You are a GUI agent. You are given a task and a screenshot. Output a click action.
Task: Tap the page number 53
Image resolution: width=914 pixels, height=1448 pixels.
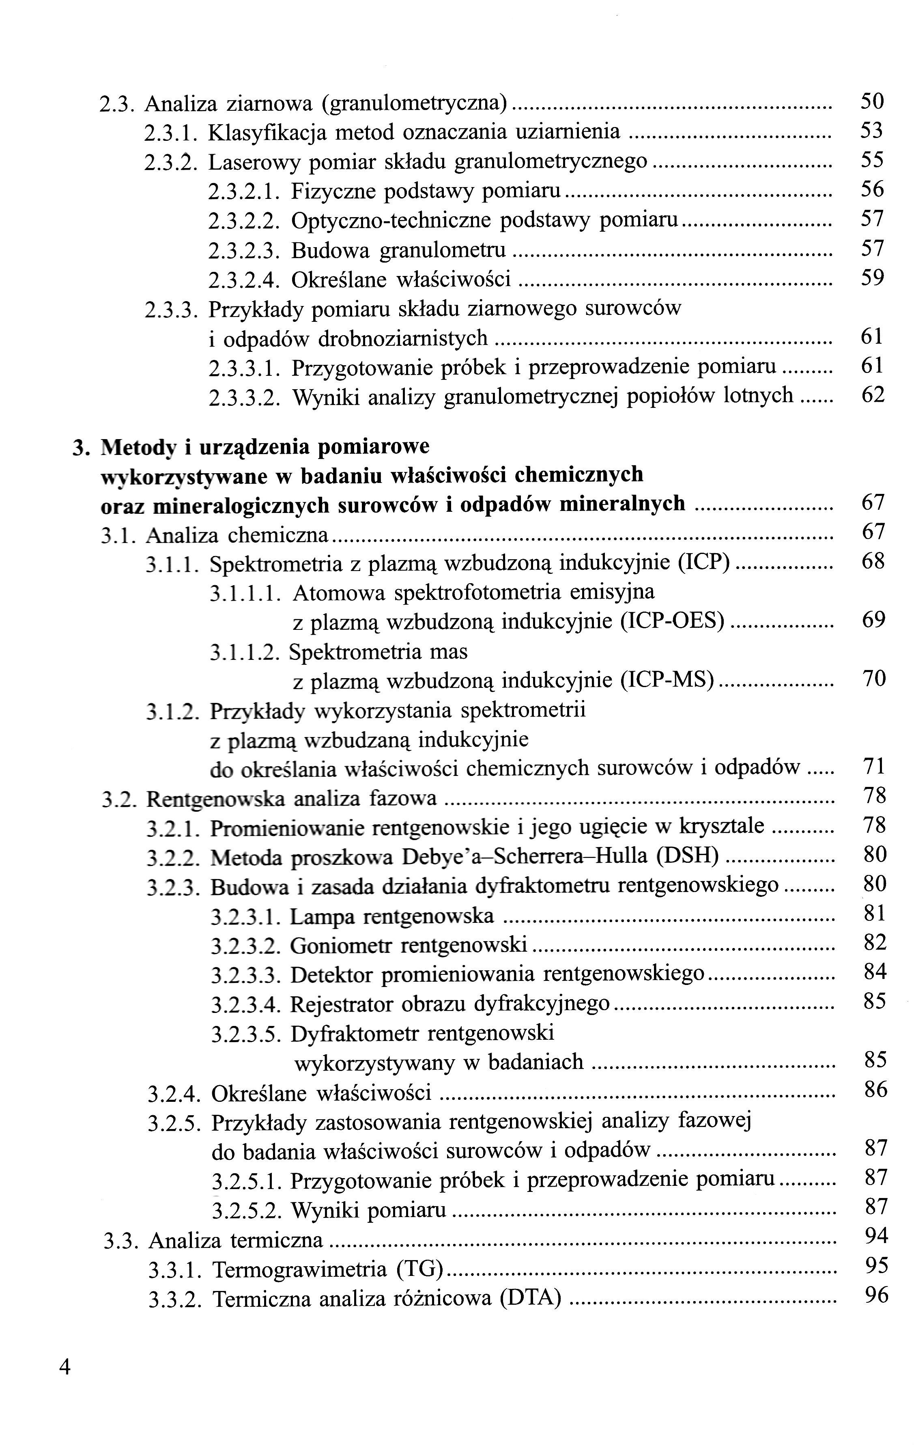871,131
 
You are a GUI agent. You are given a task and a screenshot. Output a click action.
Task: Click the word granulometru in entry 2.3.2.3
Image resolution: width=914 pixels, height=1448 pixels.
443,250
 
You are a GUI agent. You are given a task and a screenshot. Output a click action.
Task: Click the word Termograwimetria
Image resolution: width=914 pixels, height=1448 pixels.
299,1270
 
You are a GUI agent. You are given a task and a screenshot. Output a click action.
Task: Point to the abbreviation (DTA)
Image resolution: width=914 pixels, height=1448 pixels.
530,1299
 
